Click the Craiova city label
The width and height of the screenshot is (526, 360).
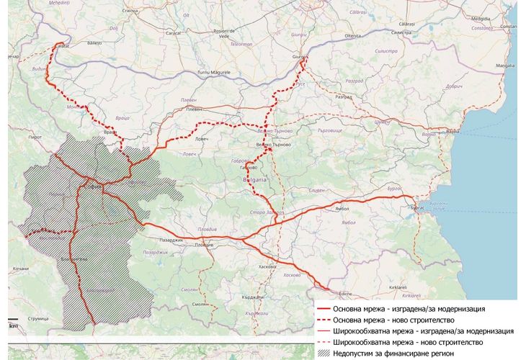(x=130, y=11)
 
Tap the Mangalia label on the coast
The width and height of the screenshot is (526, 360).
(x=505, y=65)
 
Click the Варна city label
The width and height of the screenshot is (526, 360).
(x=452, y=132)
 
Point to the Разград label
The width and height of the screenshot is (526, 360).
(x=363, y=96)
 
